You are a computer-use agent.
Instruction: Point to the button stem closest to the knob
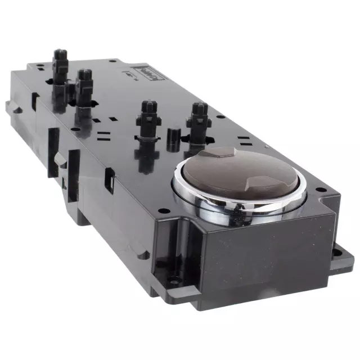pos(199,121)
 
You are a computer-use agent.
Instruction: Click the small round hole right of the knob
pos(319,190)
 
